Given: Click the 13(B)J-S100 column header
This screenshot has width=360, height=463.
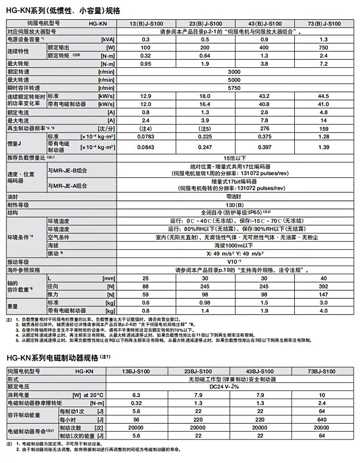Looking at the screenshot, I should [x=146, y=23].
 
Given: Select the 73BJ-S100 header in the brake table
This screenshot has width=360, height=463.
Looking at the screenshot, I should [x=322, y=371].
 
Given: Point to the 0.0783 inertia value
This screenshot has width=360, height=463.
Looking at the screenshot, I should [x=146, y=137].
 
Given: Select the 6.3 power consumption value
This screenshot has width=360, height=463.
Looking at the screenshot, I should [x=146, y=395].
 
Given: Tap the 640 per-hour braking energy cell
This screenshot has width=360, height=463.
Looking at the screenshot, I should [x=322, y=419].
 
